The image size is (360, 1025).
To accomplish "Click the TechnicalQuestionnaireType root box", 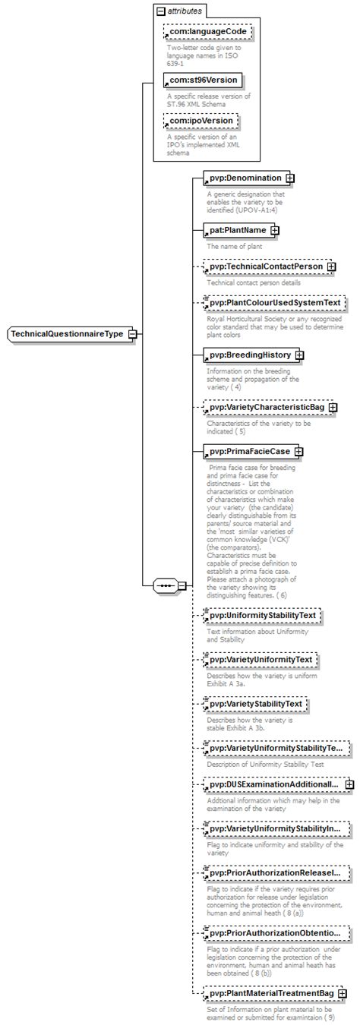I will (68, 334).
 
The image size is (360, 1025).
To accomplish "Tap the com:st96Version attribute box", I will (204, 80).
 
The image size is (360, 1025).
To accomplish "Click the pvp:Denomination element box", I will (245, 178).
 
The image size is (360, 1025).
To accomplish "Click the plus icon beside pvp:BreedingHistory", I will (300, 355).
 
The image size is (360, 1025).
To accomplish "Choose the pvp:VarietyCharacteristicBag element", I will (267, 408).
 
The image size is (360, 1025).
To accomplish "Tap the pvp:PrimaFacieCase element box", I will (249, 451).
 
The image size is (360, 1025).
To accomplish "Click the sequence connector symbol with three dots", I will (166, 586).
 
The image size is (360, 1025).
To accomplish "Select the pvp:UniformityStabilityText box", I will (264, 615).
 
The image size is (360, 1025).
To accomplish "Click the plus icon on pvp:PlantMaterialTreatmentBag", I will (343, 993).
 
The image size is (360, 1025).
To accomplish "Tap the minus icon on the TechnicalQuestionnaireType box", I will (133, 334).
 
